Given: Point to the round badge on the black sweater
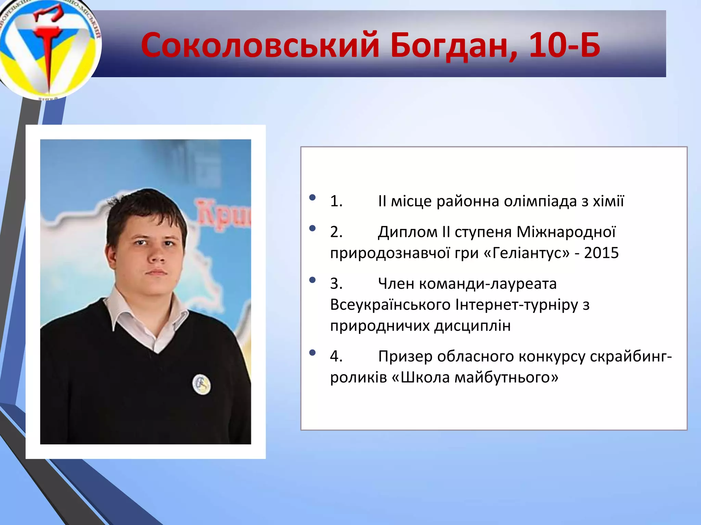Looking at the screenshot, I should (x=202, y=384).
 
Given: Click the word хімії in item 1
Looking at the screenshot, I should (x=609, y=201).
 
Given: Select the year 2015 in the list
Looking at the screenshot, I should (x=601, y=253).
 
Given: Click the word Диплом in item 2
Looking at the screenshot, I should (x=408, y=232).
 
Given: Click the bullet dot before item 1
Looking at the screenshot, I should (x=312, y=197).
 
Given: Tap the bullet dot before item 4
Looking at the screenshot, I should (x=312, y=352).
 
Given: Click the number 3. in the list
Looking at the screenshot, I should (x=336, y=284).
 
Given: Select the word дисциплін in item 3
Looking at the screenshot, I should (x=472, y=326).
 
